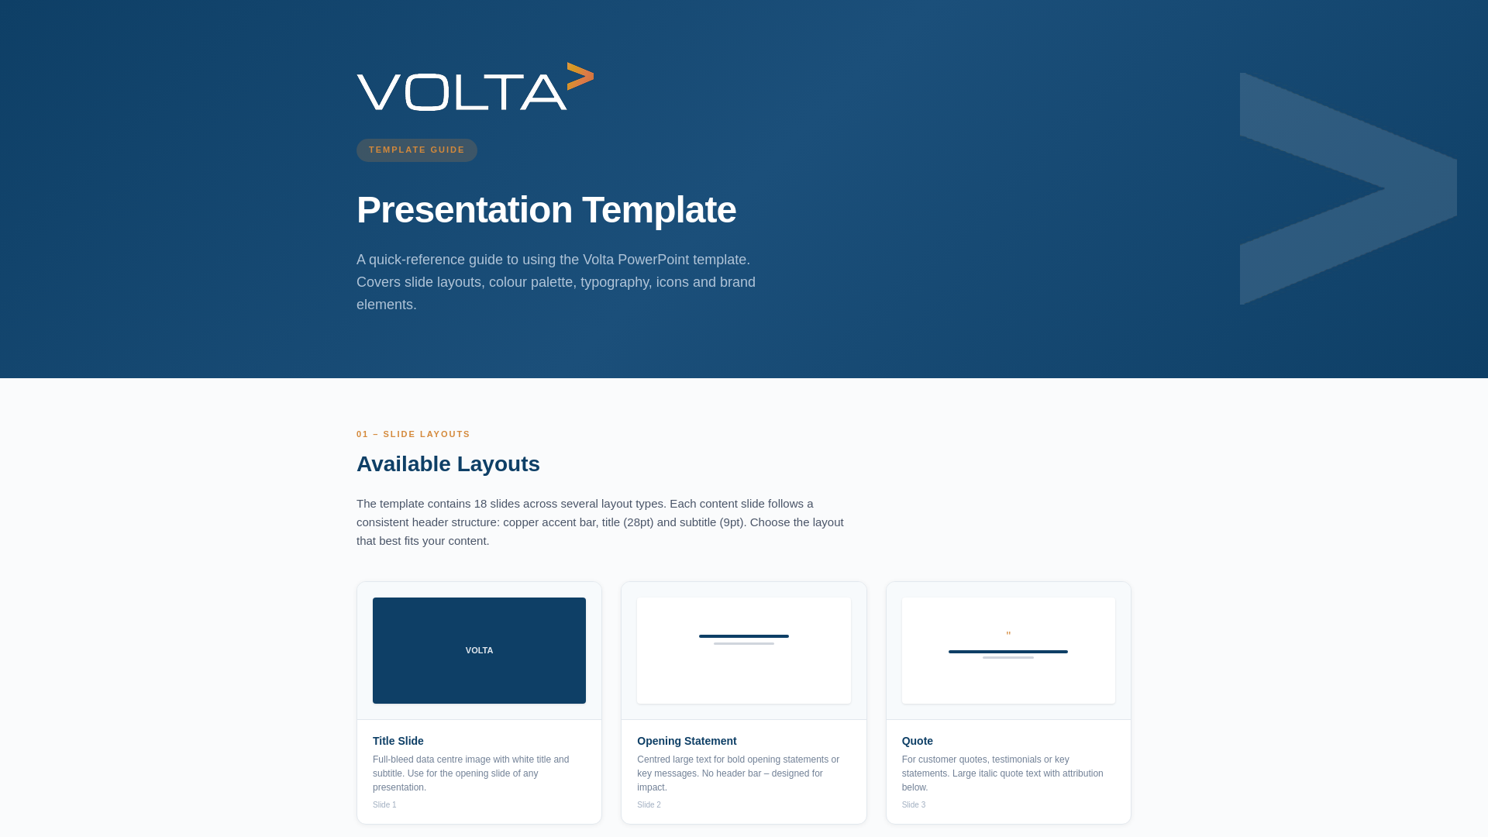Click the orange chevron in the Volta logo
(x=580, y=76)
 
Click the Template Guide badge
(x=416, y=150)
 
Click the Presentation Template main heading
(x=546, y=210)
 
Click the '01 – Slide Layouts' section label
(x=413, y=434)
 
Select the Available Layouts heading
(x=448, y=464)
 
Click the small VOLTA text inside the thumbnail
(x=479, y=650)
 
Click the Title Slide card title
(x=398, y=741)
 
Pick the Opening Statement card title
(x=686, y=741)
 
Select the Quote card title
(x=917, y=741)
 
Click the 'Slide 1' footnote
(x=384, y=805)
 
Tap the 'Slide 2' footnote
(x=649, y=805)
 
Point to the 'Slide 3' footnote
(x=913, y=805)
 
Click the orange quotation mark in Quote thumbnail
(x=1008, y=635)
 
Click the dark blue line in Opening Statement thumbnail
(x=743, y=636)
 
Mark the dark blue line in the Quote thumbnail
(x=1007, y=652)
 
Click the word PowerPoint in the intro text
(x=653, y=260)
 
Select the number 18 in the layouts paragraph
(x=480, y=504)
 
